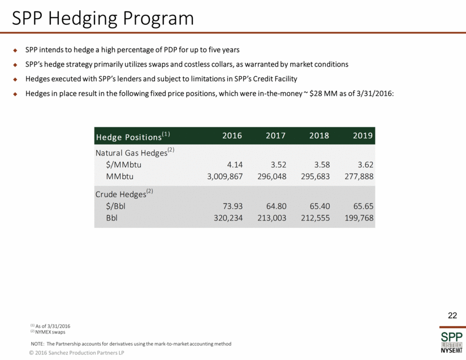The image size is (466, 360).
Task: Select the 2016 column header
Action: pos(232,136)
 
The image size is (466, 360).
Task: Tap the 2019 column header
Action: pos(363,136)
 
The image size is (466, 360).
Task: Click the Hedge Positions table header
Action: pos(133,136)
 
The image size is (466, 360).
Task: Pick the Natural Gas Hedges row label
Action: pos(134,153)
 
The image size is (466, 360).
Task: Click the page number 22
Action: pos(452,315)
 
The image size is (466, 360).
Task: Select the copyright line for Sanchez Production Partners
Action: pos(77,353)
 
